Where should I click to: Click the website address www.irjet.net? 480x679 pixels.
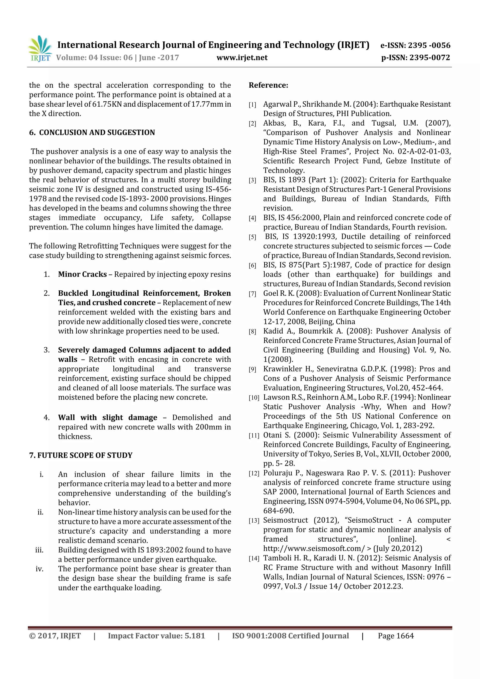(242, 58)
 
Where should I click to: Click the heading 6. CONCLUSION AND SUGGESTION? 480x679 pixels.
(92, 132)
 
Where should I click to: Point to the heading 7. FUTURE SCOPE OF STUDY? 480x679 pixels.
(81, 455)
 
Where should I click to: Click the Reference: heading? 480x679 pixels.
(268, 85)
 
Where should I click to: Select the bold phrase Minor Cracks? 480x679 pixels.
(82, 274)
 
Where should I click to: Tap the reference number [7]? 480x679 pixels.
(252, 294)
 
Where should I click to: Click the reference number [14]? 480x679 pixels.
(254, 558)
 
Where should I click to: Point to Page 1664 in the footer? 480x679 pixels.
(396, 636)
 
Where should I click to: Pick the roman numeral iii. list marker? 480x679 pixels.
(39, 550)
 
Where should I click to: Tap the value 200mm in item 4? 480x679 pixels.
(209, 427)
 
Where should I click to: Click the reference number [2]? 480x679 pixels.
(252, 123)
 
